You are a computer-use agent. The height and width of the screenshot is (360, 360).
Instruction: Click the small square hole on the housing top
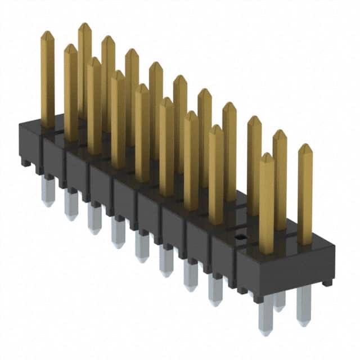point(239,237)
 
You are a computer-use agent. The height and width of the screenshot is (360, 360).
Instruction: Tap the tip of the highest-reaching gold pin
point(84,25)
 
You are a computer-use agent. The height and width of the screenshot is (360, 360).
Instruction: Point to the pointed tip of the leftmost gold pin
point(47,33)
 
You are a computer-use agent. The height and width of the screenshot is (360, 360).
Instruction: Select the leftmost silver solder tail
point(48,191)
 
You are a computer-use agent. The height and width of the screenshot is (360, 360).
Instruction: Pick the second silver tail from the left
point(70,205)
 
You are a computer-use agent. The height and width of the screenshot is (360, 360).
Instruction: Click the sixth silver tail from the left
point(166,261)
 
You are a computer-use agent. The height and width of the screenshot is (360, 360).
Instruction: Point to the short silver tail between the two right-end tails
point(280,301)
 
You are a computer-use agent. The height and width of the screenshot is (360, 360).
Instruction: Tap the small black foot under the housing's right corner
point(327,282)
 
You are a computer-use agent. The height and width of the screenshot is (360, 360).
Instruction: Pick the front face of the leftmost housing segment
point(31,144)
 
